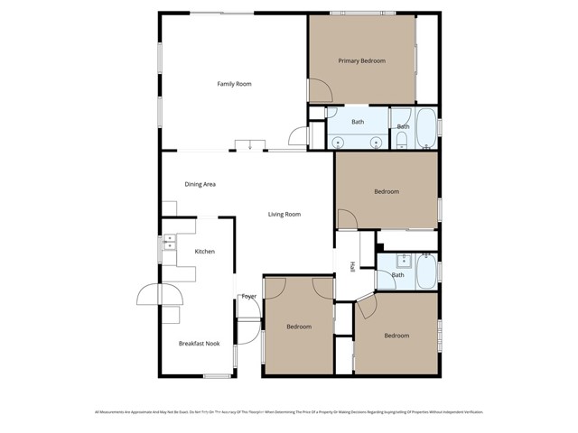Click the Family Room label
234,84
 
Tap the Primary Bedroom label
361,61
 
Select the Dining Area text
200,184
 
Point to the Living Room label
284,215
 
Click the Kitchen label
205,251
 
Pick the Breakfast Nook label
199,343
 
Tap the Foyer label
248,296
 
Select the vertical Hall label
351,266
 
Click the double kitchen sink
168,242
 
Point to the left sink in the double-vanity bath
337,142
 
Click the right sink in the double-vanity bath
376,142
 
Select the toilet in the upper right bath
400,141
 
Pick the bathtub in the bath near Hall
426,271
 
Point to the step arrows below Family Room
247,144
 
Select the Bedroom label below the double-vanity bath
387,191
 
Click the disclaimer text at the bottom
289,411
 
